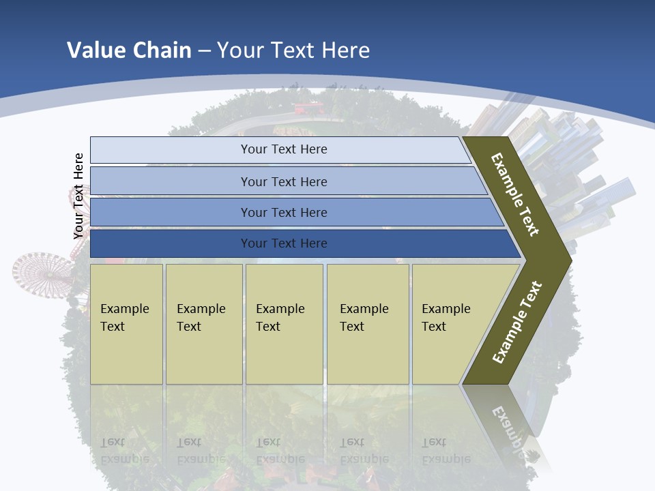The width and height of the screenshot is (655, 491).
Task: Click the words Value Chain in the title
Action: click(129, 50)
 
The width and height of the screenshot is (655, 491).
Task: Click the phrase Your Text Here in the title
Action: click(293, 50)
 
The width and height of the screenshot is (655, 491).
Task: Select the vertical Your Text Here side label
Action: click(78, 196)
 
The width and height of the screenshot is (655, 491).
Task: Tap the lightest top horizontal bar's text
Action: click(284, 149)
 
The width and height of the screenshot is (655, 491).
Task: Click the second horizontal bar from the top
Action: click(284, 181)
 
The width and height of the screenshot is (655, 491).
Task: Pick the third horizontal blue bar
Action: click(284, 213)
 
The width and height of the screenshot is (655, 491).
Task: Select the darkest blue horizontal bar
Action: click(284, 243)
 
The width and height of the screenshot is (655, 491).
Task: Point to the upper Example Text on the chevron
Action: click(515, 194)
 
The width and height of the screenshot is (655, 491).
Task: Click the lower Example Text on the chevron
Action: click(517, 323)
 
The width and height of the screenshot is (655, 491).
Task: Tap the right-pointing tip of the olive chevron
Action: click(568, 260)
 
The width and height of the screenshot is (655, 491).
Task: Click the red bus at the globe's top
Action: click(307, 108)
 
